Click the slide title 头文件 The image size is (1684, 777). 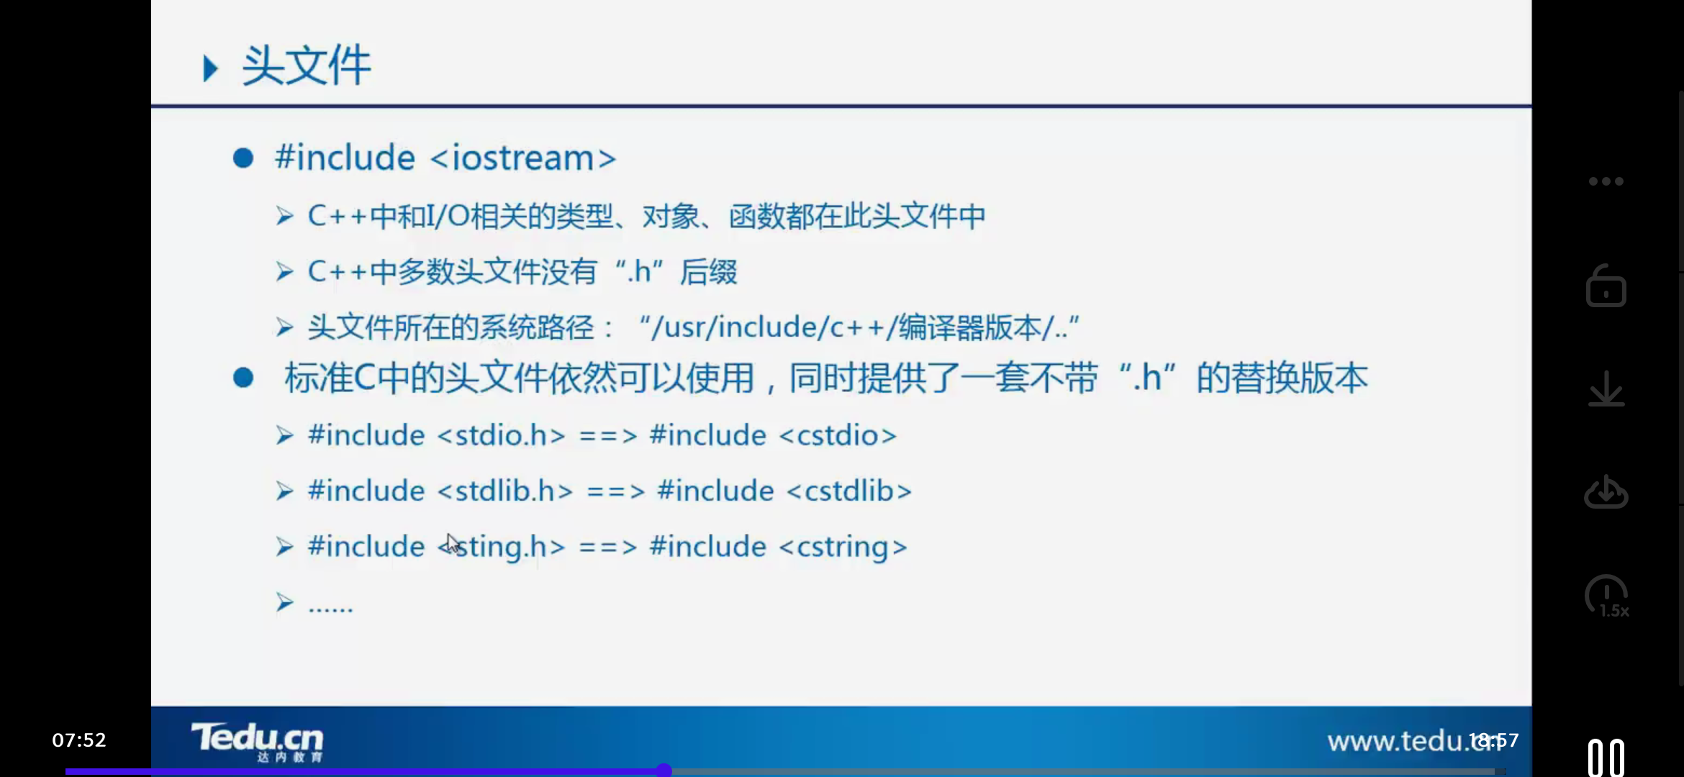tap(306, 65)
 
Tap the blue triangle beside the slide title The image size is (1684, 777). tap(210, 68)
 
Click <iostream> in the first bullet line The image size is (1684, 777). tap(523, 158)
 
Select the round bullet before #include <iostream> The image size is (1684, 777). tap(243, 158)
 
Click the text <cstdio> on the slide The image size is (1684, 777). tap(838, 435)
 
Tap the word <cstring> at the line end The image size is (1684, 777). tap(843, 547)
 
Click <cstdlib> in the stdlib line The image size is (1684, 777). tap(849, 491)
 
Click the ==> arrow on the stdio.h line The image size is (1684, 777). tap(608, 435)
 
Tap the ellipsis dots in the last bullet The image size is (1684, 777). tap(330, 606)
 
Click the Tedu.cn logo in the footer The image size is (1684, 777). tap(257, 740)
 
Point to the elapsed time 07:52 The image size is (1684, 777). tap(79, 740)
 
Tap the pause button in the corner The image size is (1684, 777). tap(1606, 758)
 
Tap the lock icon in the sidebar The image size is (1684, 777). tap(1606, 286)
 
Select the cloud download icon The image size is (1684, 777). tap(1606, 492)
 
